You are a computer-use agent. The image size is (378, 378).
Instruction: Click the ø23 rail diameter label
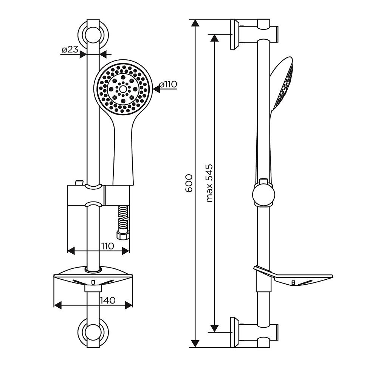click(x=70, y=50)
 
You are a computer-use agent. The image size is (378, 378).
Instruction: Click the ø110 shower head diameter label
click(x=168, y=84)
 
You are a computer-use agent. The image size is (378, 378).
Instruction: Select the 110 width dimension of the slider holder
click(x=107, y=246)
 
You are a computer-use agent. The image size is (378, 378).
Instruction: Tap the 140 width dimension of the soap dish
click(x=108, y=301)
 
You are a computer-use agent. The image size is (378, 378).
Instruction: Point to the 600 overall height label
click(x=189, y=183)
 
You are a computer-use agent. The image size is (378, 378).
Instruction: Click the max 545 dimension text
click(x=210, y=183)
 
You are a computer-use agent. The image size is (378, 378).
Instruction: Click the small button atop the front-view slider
click(x=79, y=183)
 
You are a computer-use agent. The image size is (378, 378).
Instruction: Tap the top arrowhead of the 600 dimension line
click(x=195, y=23)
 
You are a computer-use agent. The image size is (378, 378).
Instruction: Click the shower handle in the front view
click(x=123, y=154)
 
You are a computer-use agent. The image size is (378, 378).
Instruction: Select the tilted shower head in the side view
click(x=282, y=84)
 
